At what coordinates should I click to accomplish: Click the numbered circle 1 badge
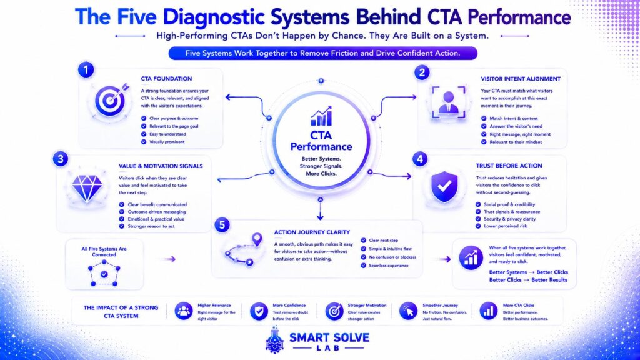point(86,70)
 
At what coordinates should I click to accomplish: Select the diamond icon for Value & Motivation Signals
point(87,187)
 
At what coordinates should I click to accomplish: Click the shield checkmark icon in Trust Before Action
point(444,186)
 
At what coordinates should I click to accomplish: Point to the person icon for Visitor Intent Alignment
point(448,102)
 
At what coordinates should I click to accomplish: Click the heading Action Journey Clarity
point(312,232)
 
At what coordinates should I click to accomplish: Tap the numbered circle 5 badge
point(222,225)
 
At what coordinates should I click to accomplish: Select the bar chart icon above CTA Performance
point(321,116)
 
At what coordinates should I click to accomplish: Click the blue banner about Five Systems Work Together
point(323,53)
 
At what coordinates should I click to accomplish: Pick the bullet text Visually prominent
point(167,142)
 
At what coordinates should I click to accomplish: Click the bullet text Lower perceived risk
point(505,226)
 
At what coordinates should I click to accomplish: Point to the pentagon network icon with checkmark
point(104,272)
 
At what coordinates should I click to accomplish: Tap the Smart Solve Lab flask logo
point(275,340)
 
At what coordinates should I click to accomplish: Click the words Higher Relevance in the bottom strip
point(214,305)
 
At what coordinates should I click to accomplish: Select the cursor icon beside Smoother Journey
point(409,311)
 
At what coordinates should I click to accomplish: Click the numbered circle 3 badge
point(61,159)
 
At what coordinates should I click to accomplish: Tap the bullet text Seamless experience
point(389,266)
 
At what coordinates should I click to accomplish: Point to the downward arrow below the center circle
point(321,209)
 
